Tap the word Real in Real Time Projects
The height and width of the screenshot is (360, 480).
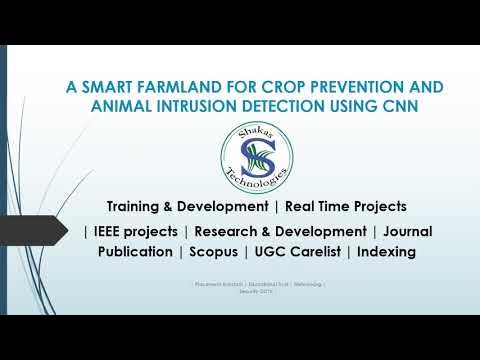[x=303, y=206]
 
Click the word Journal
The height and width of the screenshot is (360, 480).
[x=407, y=231]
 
